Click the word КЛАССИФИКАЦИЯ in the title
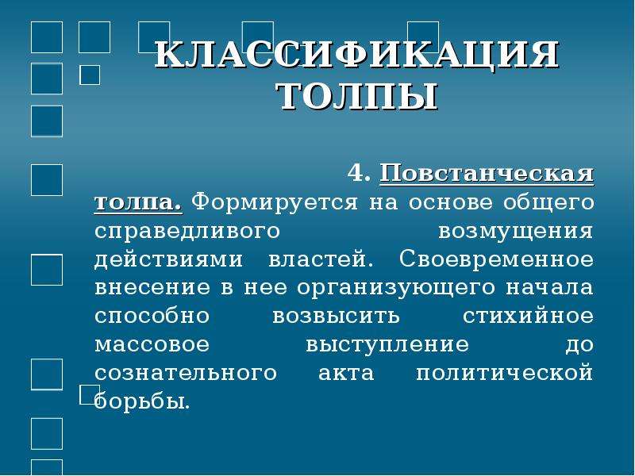click(356, 55)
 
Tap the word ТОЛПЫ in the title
click(358, 96)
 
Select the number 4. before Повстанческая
click(360, 173)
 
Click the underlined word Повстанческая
click(487, 174)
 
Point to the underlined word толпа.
click(138, 202)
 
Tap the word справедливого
click(187, 232)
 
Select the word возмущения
click(516, 232)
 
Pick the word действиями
click(168, 259)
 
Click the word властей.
click(321, 259)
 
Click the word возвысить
click(336, 316)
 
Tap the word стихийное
click(528, 315)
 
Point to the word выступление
click(387, 345)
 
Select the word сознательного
click(186, 373)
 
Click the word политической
click(505, 373)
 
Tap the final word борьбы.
click(142, 401)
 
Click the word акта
click(346, 373)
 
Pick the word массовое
click(152, 344)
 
